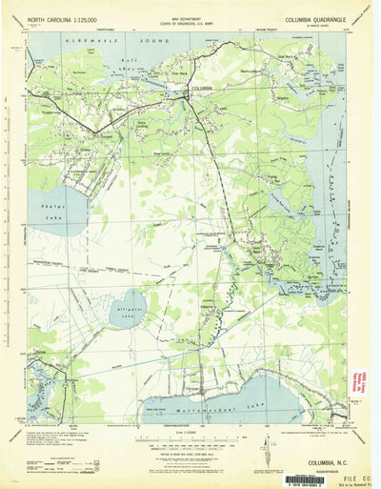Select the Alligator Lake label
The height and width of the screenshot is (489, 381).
(129, 307)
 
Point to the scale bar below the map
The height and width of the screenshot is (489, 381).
(190, 441)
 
